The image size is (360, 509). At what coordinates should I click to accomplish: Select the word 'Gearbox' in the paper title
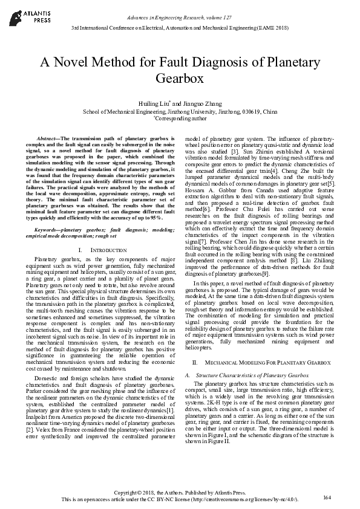pyautogui.click(x=179, y=79)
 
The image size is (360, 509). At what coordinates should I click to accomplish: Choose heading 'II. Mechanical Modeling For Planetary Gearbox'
pyautogui.click(x=261, y=361)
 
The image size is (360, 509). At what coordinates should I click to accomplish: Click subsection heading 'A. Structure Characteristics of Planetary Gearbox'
pyautogui.click(x=241, y=375)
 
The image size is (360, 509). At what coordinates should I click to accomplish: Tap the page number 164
pyautogui.click(x=328, y=497)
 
